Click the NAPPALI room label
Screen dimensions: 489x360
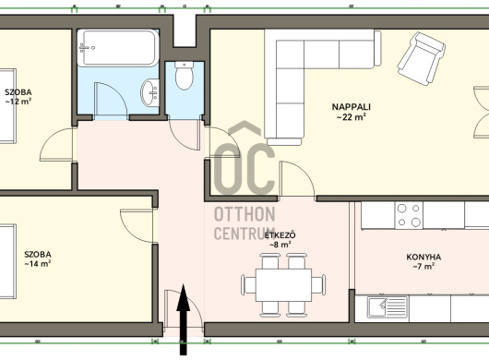[x=352, y=107]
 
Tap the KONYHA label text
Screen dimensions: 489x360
[x=423, y=258]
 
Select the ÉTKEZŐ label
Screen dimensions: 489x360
[x=280, y=234]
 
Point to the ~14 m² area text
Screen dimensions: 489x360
[x=38, y=264]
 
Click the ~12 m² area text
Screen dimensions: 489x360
[x=18, y=102]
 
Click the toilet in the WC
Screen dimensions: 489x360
[x=184, y=75]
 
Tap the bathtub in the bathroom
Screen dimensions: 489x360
[x=118, y=48]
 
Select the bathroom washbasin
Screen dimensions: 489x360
[x=150, y=92]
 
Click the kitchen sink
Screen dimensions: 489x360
[x=388, y=306]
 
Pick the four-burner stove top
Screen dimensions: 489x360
[x=409, y=215]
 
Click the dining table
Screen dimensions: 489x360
[x=283, y=285]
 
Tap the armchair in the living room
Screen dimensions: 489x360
[x=421, y=59]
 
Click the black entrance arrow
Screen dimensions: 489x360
[x=183, y=319]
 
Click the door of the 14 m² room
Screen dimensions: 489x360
[x=137, y=225]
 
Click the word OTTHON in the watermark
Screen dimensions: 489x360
[x=244, y=214]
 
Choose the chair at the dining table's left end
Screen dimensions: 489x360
[x=248, y=284]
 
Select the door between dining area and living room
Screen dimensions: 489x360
[x=297, y=179]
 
